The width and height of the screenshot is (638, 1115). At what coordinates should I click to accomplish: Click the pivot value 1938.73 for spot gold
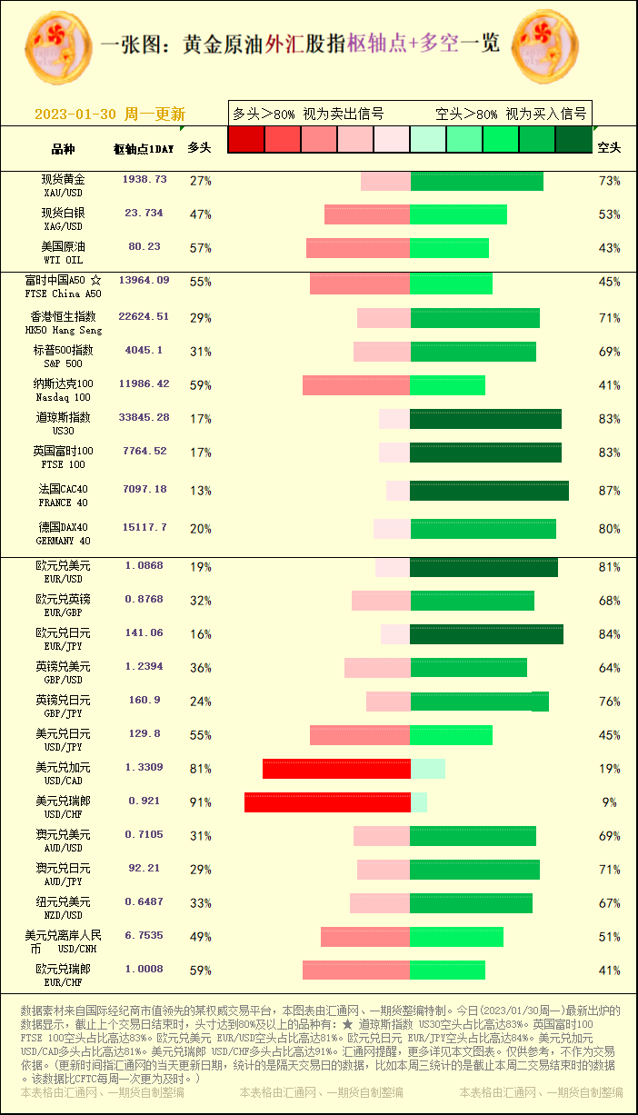145,180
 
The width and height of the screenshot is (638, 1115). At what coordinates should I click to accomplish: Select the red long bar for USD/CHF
327,802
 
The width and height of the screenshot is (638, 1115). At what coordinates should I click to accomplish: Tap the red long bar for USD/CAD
336,769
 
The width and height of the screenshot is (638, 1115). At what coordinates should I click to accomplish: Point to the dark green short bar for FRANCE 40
489,491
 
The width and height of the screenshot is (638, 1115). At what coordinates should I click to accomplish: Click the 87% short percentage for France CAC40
609,491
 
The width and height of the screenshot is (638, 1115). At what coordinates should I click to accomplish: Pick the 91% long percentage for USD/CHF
200,802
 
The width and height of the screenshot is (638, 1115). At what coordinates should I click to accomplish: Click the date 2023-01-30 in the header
75,114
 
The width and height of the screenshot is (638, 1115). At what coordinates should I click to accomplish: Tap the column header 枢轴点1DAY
144,148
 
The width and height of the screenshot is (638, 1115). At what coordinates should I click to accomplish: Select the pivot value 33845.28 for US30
144,418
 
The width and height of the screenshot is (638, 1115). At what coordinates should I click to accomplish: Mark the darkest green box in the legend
573,139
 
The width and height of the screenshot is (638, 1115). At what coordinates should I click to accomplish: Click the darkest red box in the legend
245,139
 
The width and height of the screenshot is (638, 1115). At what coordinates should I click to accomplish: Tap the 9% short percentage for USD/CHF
609,802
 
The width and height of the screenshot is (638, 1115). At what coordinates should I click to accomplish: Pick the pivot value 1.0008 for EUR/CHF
145,970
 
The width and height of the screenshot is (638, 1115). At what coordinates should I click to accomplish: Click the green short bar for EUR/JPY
486,634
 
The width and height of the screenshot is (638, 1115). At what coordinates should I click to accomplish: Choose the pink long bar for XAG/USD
367,214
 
